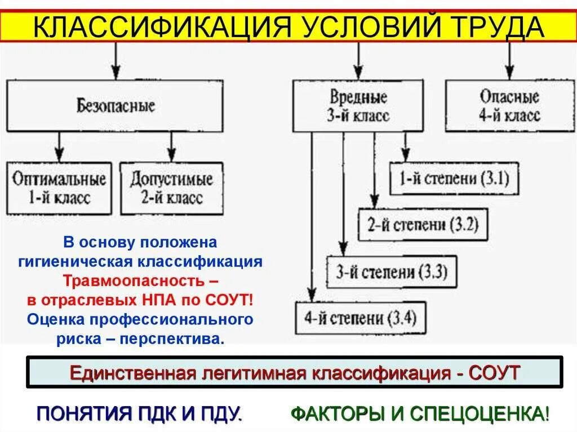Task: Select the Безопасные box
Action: pyautogui.click(x=115, y=105)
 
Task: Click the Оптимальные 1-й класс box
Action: pyautogui.click(x=59, y=188)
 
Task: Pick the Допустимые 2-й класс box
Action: pyautogui.click(x=171, y=188)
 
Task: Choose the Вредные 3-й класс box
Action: pyautogui.click(x=358, y=105)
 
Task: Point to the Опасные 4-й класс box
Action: pyautogui.click(x=509, y=105)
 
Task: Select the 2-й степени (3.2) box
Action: pyautogui.click(x=423, y=225)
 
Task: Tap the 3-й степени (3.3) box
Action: pyautogui.click(x=392, y=272)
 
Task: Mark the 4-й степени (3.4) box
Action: pyautogui.click(x=361, y=318)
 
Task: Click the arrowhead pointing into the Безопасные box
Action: pyautogui.click(x=116, y=72)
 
